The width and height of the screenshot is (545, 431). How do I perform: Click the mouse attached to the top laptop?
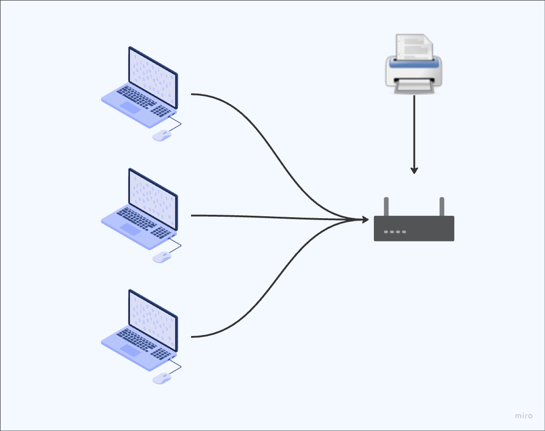pos(162,135)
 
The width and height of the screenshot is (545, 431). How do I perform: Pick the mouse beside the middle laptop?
pos(162,257)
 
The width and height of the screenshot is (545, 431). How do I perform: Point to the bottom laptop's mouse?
pos(162,378)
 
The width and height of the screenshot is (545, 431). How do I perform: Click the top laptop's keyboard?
pos(138,97)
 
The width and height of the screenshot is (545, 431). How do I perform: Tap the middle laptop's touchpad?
pos(130,229)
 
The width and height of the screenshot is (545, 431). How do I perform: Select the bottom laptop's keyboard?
pos(138,339)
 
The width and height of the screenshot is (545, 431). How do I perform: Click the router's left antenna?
pos(386,207)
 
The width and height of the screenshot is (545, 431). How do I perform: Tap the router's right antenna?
pos(442,207)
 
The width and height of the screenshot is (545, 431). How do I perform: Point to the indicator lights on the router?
pos(395,232)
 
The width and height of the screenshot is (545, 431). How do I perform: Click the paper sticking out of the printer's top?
pos(414,46)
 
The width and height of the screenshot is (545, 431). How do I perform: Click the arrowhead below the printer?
pos(414,170)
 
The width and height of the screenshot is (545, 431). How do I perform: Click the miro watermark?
pos(524,415)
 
